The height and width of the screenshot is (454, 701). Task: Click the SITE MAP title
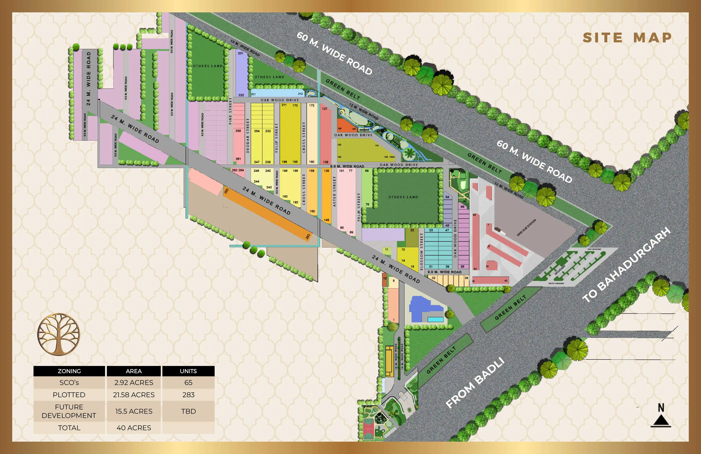tap(627, 38)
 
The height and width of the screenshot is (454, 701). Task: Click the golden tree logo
tap(59, 334)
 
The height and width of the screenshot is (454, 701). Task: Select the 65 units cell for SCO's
tap(188, 382)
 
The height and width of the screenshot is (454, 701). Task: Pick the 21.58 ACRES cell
tap(134, 395)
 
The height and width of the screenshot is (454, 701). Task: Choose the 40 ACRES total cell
tap(134, 428)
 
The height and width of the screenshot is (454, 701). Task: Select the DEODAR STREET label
tap(248, 136)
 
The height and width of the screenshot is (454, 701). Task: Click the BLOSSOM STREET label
tap(421, 251)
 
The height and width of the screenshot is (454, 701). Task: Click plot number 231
tap(241, 53)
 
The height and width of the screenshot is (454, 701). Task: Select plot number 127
tap(325, 109)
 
